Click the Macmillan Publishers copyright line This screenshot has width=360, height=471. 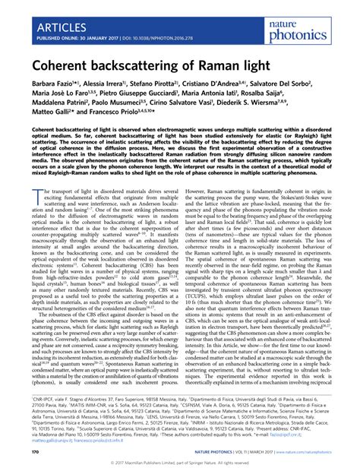[180, 463]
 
